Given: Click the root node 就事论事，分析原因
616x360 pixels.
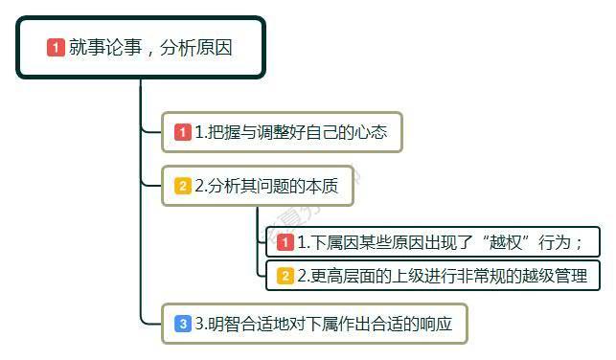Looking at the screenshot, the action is point(140,47).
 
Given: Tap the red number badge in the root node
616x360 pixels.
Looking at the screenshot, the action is point(56,47).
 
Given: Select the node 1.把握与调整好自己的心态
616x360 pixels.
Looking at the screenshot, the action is point(282,133).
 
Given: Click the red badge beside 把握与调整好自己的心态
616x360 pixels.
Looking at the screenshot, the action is point(182,133).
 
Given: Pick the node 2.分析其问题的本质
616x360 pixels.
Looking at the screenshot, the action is point(258,186).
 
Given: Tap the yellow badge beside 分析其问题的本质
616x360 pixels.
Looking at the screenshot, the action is point(182,186).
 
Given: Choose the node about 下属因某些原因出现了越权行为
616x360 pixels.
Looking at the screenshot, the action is point(433,241).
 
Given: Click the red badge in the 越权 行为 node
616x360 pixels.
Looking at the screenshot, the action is point(285,241).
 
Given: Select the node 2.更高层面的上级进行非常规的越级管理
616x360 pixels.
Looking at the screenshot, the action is point(433,276).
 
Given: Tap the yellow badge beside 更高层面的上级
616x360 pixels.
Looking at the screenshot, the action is point(285,276).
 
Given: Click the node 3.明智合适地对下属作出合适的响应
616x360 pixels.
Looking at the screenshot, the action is point(316,324).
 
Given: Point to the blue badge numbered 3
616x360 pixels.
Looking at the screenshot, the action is point(182,324).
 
